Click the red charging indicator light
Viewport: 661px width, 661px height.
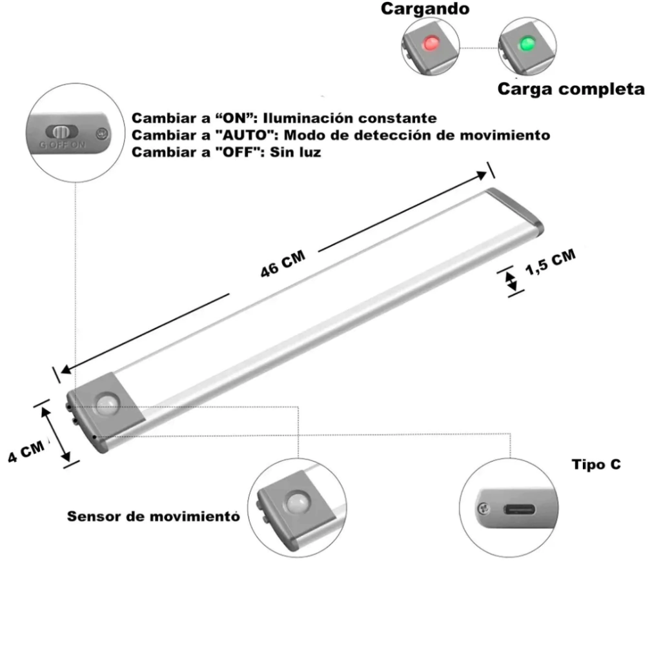click(x=429, y=45)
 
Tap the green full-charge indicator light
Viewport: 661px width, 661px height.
click(x=526, y=45)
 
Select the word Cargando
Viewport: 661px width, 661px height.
click(x=425, y=9)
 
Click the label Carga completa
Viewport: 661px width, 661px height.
click(x=571, y=89)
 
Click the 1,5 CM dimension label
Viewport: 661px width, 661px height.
click(x=549, y=263)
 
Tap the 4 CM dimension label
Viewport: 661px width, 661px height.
click(x=26, y=451)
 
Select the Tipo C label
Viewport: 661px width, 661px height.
click(x=596, y=464)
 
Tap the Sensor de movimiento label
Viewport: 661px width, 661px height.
click(x=154, y=516)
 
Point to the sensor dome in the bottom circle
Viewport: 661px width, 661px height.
click(x=298, y=502)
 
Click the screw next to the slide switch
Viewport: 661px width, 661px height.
click(x=100, y=134)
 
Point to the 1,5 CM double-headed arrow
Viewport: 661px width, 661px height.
click(x=511, y=281)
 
